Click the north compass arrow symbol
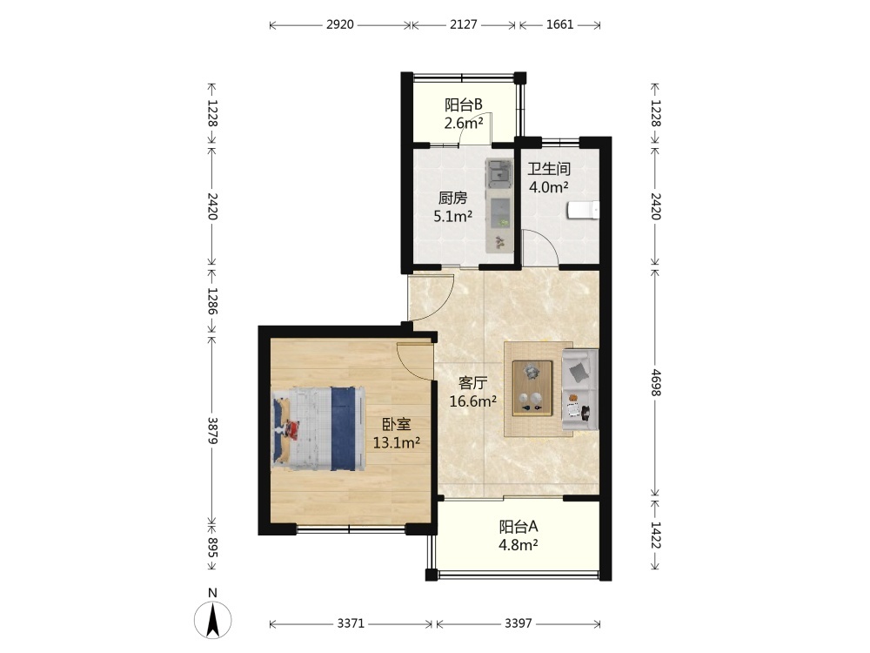[x=212, y=619]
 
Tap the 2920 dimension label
[x=340, y=25]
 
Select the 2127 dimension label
[x=464, y=25]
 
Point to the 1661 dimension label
[x=559, y=25]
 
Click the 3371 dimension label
[x=351, y=623]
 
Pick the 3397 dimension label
[x=519, y=623]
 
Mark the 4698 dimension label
[x=656, y=382]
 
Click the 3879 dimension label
[x=212, y=431]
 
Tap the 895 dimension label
[x=212, y=547]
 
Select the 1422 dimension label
[x=656, y=535]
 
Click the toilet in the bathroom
[x=583, y=211]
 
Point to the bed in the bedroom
[x=318, y=428]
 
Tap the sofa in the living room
[x=580, y=390]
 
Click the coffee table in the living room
[x=532, y=388]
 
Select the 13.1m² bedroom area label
[x=396, y=442]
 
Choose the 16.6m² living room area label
[x=472, y=401]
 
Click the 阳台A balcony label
[x=519, y=526]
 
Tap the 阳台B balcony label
[x=464, y=104]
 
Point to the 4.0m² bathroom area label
[x=549, y=187]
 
